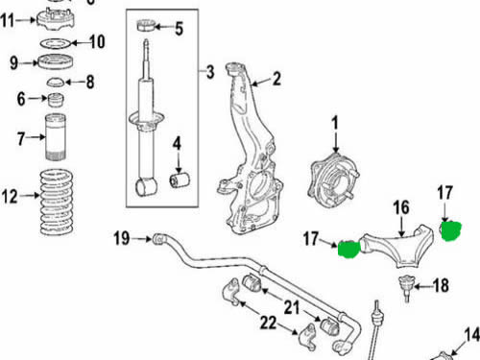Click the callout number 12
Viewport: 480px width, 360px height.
[x=10, y=197]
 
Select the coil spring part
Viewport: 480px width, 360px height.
[x=57, y=203]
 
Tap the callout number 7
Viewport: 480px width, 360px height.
[x=21, y=138]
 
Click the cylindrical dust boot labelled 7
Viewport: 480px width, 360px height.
[x=56, y=137]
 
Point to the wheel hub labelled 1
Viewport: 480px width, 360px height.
[x=333, y=179]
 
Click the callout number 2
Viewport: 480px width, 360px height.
[x=276, y=79]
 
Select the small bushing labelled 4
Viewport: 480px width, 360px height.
[x=180, y=180]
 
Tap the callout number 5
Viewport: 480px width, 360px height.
[x=180, y=28]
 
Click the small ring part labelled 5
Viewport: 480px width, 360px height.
[x=146, y=25]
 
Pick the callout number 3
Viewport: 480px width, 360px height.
[x=210, y=72]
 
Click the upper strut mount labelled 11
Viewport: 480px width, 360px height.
[x=56, y=19]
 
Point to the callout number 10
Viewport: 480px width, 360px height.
[x=98, y=41]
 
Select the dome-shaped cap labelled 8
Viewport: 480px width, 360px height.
[x=56, y=82]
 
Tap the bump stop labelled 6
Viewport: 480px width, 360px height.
[x=56, y=100]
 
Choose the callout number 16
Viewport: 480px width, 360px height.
[x=401, y=207]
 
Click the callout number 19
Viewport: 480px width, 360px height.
[x=122, y=238]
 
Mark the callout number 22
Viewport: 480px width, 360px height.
[x=268, y=323]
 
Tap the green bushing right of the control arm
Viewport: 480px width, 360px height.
[x=451, y=230]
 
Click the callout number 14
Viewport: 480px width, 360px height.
[x=472, y=335]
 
